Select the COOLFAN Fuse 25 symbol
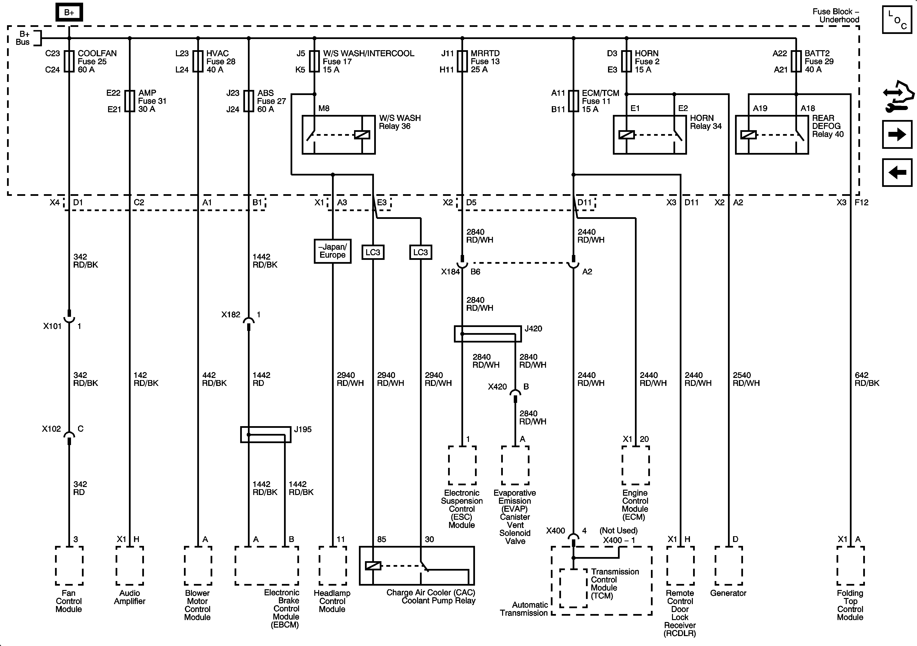[69, 61]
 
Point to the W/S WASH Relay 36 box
[338, 135]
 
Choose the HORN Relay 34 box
[649, 135]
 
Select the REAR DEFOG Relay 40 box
[772, 135]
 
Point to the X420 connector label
[497, 387]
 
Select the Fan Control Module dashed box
[69, 566]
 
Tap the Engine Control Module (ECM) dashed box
[635, 465]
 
